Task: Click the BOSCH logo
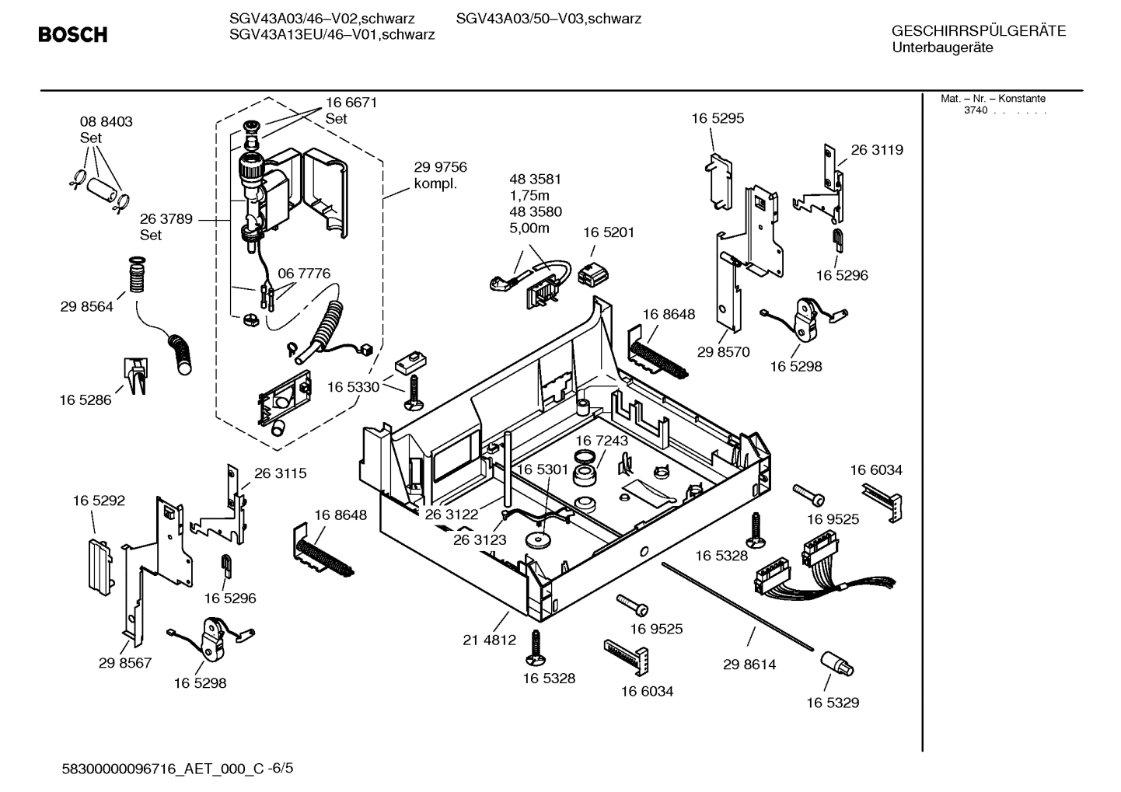point(73,34)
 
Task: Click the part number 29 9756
point(440,167)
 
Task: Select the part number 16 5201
point(609,232)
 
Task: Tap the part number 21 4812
point(489,640)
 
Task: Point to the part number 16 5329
point(833,703)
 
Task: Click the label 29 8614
point(749,665)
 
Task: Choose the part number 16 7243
point(602,441)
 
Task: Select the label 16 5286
point(86,400)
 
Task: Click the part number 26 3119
point(877,150)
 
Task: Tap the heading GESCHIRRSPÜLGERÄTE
point(978,31)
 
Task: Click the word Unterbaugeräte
point(942,47)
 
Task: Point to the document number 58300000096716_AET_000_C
point(162,769)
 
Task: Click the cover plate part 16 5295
point(719,181)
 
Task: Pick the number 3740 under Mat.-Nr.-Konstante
point(975,110)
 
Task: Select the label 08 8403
point(107,121)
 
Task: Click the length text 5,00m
point(529,228)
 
